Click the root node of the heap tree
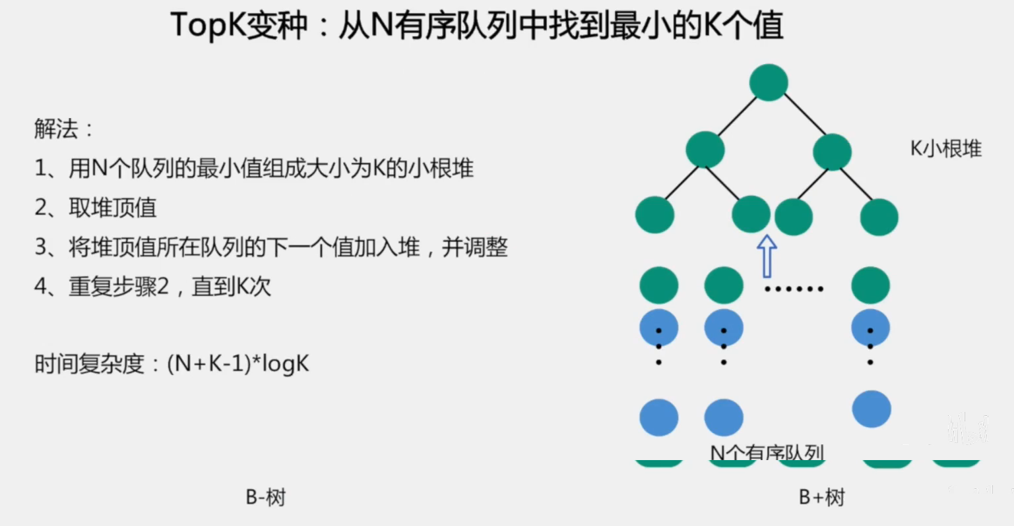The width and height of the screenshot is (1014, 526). point(769,82)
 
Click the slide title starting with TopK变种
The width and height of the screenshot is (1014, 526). point(477,26)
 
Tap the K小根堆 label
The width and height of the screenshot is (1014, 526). point(945,149)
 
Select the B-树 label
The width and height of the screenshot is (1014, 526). point(265,497)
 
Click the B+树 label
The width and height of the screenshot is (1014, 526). point(821,497)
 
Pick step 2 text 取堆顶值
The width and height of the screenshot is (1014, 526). point(112,208)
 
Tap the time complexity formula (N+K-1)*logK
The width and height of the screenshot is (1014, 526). point(238,364)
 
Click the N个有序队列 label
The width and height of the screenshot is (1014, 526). point(767,452)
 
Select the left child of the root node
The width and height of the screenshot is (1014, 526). point(705,150)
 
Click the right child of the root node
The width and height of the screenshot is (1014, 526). point(832,152)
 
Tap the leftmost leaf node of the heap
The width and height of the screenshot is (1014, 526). point(654,215)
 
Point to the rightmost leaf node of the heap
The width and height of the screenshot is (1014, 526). point(879,217)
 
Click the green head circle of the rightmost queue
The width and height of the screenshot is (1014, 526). point(870,285)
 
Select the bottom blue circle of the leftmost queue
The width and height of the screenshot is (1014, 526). point(659,417)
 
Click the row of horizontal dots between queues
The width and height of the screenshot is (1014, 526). point(794,289)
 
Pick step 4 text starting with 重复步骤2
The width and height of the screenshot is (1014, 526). point(169,286)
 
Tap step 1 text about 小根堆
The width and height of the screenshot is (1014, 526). point(270,168)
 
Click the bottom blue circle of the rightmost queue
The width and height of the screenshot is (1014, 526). point(871,409)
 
